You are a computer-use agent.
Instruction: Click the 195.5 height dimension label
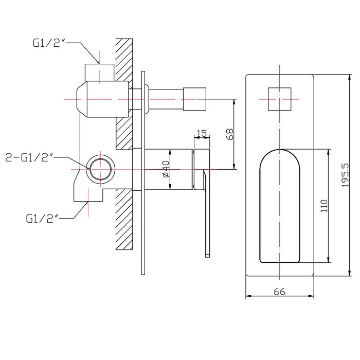click(x=345, y=176)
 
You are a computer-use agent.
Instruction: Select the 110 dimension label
click(x=323, y=206)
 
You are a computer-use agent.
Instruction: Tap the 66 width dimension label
click(x=279, y=292)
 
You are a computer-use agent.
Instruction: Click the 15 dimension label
click(x=202, y=134)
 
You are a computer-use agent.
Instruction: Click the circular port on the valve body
click(x=101, y=167)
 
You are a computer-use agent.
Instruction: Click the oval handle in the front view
click(x=279, y=206)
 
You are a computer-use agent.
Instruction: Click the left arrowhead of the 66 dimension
click(x=248, y=296)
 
